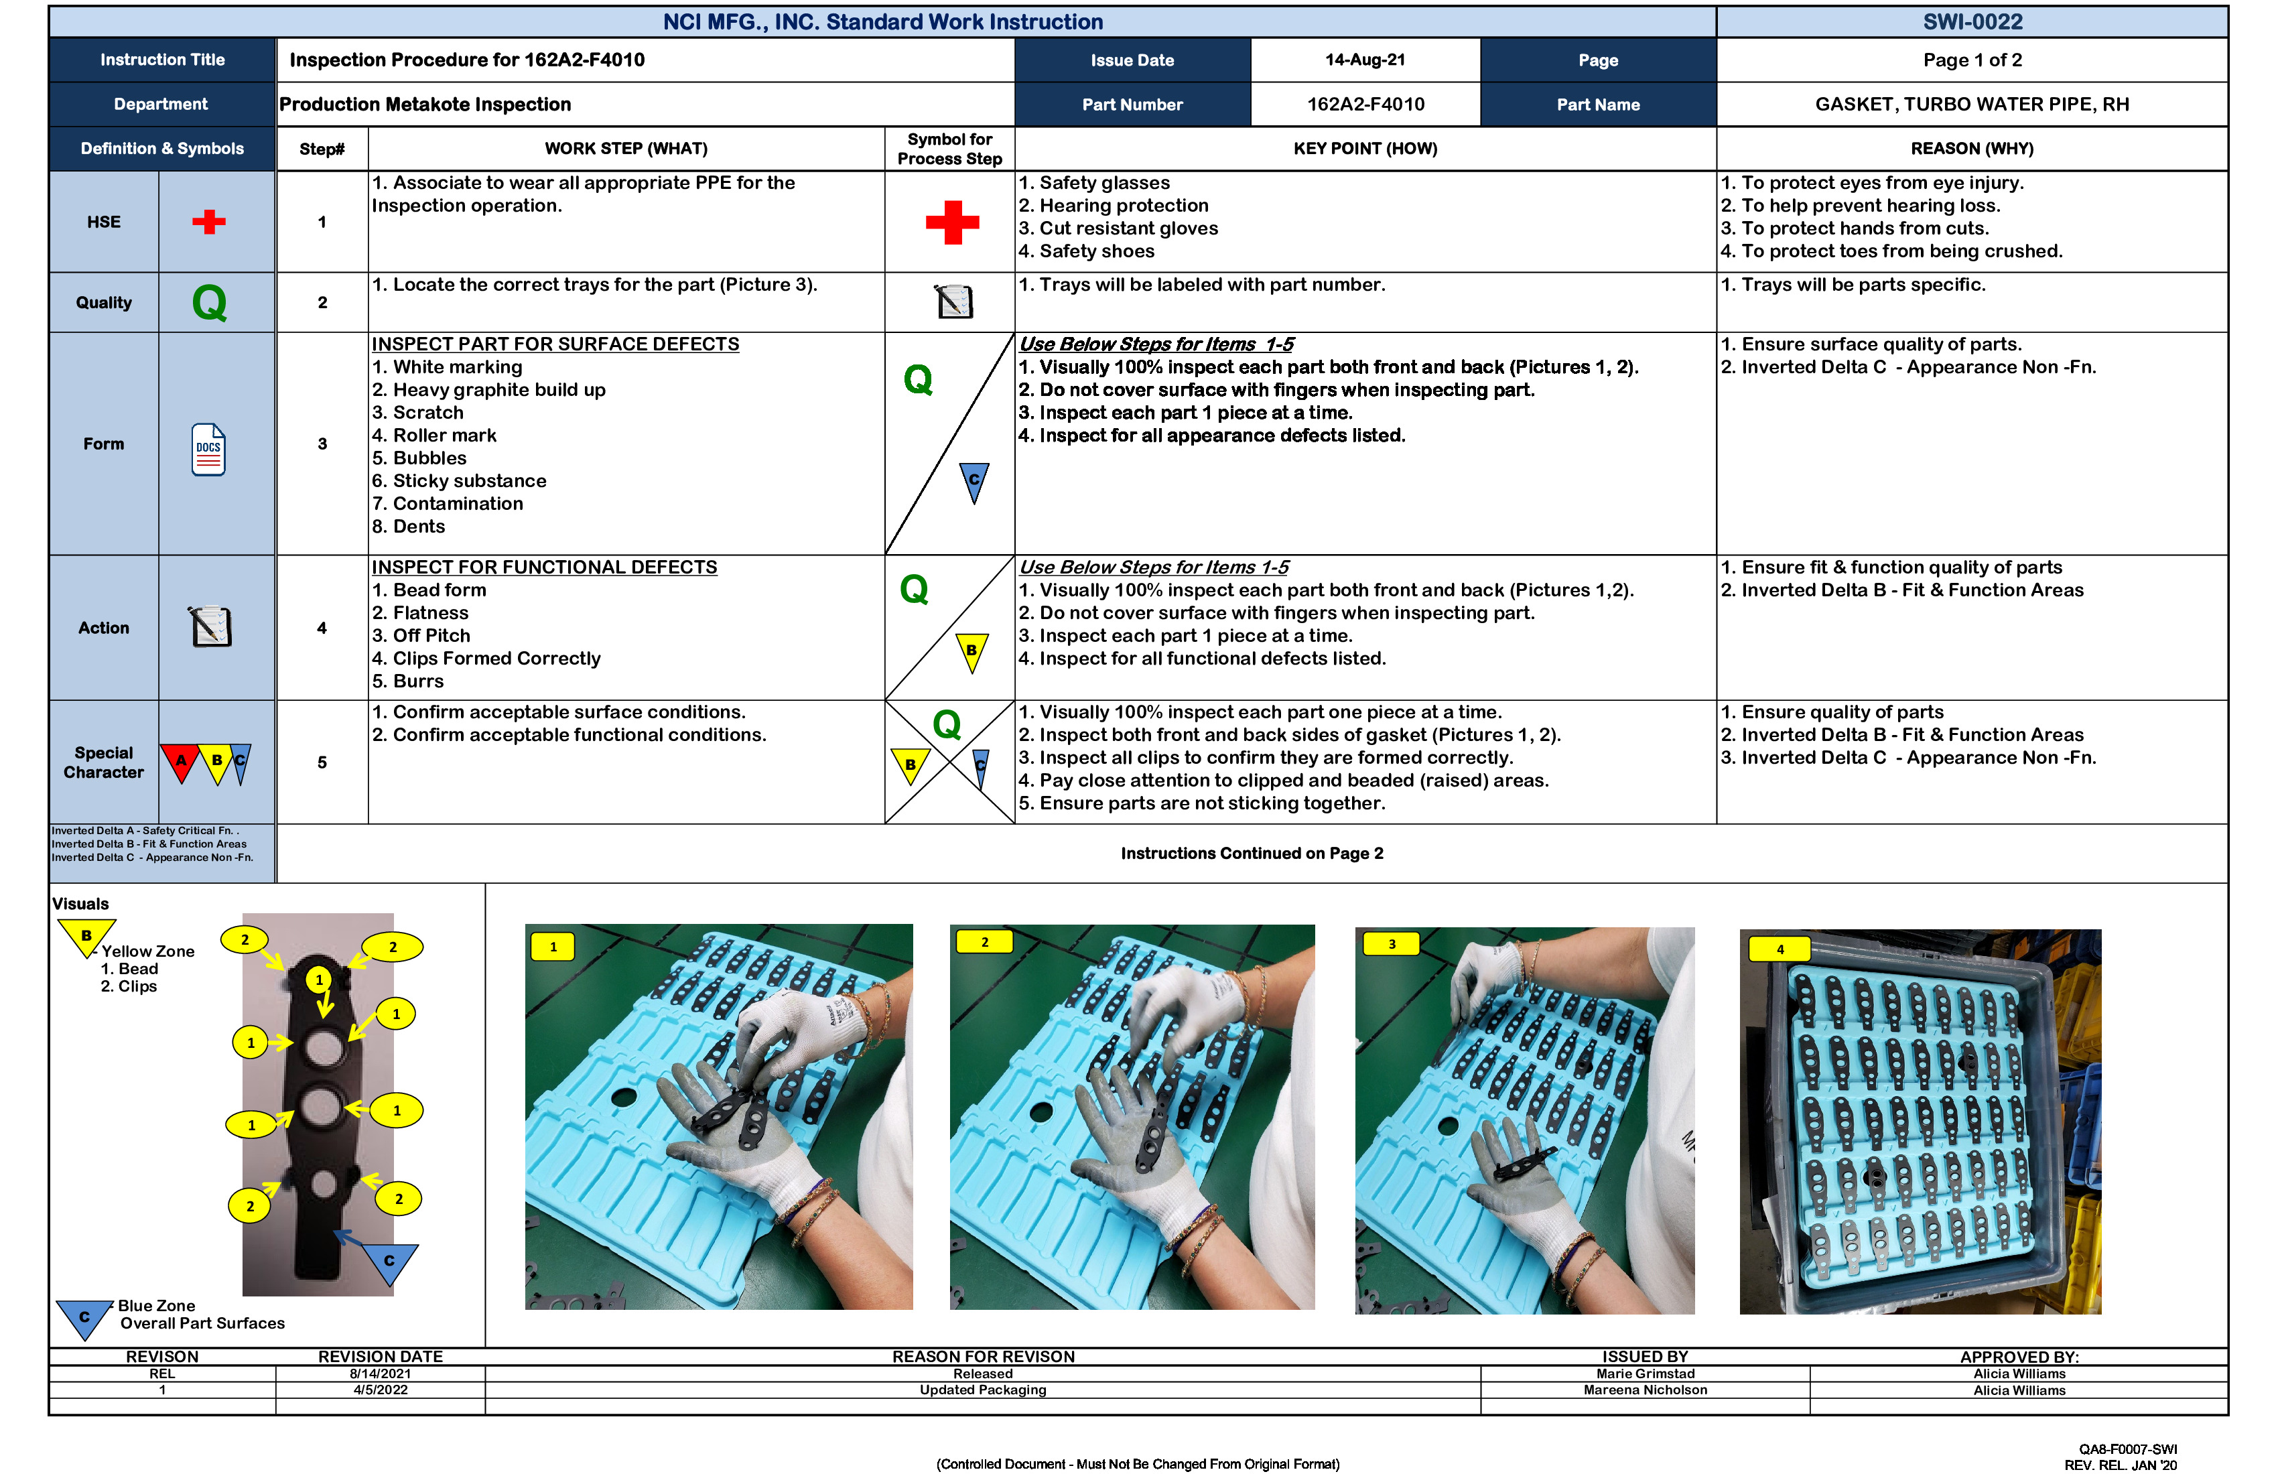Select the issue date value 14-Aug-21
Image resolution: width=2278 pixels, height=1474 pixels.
click(1365, 60)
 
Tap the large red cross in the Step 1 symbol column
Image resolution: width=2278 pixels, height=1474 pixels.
click(952, 222)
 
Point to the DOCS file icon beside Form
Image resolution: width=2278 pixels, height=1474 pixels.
click(208, 450)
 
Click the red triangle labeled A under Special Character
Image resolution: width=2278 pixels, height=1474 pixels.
click(180, 762)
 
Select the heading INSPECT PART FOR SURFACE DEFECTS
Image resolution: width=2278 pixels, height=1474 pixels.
click(555, 344)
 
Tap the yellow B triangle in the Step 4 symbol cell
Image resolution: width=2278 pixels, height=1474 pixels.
click(972, 651)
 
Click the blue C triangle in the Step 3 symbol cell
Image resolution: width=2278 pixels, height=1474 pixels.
click(974, 480)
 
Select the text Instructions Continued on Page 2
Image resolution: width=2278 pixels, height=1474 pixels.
click(1251, 854)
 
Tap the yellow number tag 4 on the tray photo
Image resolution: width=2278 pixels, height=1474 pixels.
click(1780, 949)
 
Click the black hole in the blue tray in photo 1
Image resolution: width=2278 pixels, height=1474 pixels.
click(624, 1097)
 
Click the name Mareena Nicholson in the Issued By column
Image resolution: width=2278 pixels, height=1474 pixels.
click(1644, 1390)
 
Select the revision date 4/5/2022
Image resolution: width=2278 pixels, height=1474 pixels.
click(380, 1390)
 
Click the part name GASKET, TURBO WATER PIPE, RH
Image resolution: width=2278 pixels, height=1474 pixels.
click(1972, 105)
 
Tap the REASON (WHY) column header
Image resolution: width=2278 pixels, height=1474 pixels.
click(1972, 148)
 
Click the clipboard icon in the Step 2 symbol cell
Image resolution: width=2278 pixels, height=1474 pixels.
click(953, 302)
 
